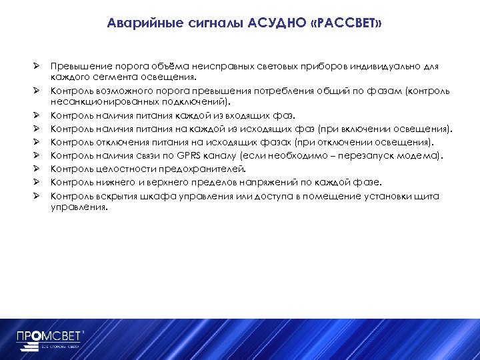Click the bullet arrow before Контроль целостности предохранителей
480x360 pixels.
(x=39, y=169)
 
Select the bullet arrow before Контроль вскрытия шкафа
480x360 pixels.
(x=39, y=195)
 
